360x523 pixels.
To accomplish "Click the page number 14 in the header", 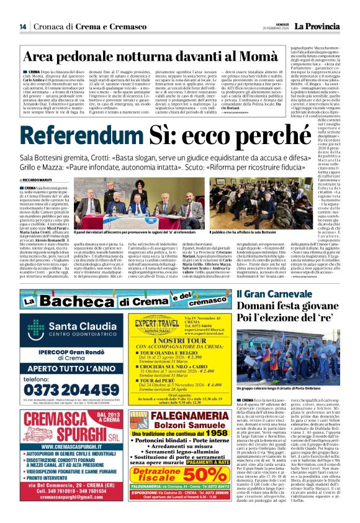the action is [22, 26].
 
